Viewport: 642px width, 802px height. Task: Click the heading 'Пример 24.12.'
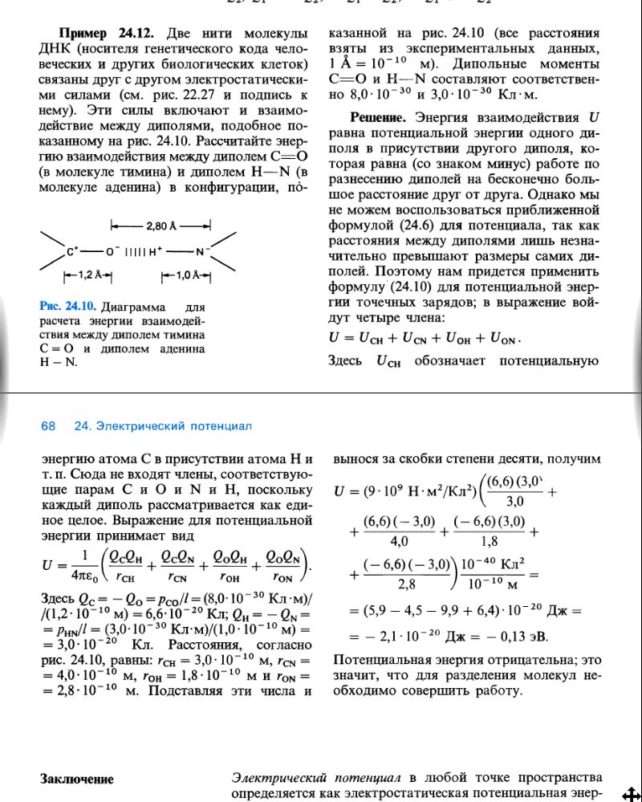tap(110, 35)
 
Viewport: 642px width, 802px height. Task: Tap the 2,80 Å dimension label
tap(160, 226)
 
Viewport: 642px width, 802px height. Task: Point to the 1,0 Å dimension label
tap(185, 275)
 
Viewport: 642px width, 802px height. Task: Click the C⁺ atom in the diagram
tap(72, 251)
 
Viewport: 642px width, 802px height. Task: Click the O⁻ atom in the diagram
tap(110, 251)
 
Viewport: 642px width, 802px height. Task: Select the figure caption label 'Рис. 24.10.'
tap(67, 307)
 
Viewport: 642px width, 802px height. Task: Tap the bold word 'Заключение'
tap(77, 779)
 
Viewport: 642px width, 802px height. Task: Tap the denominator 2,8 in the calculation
tap(408, 584)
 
